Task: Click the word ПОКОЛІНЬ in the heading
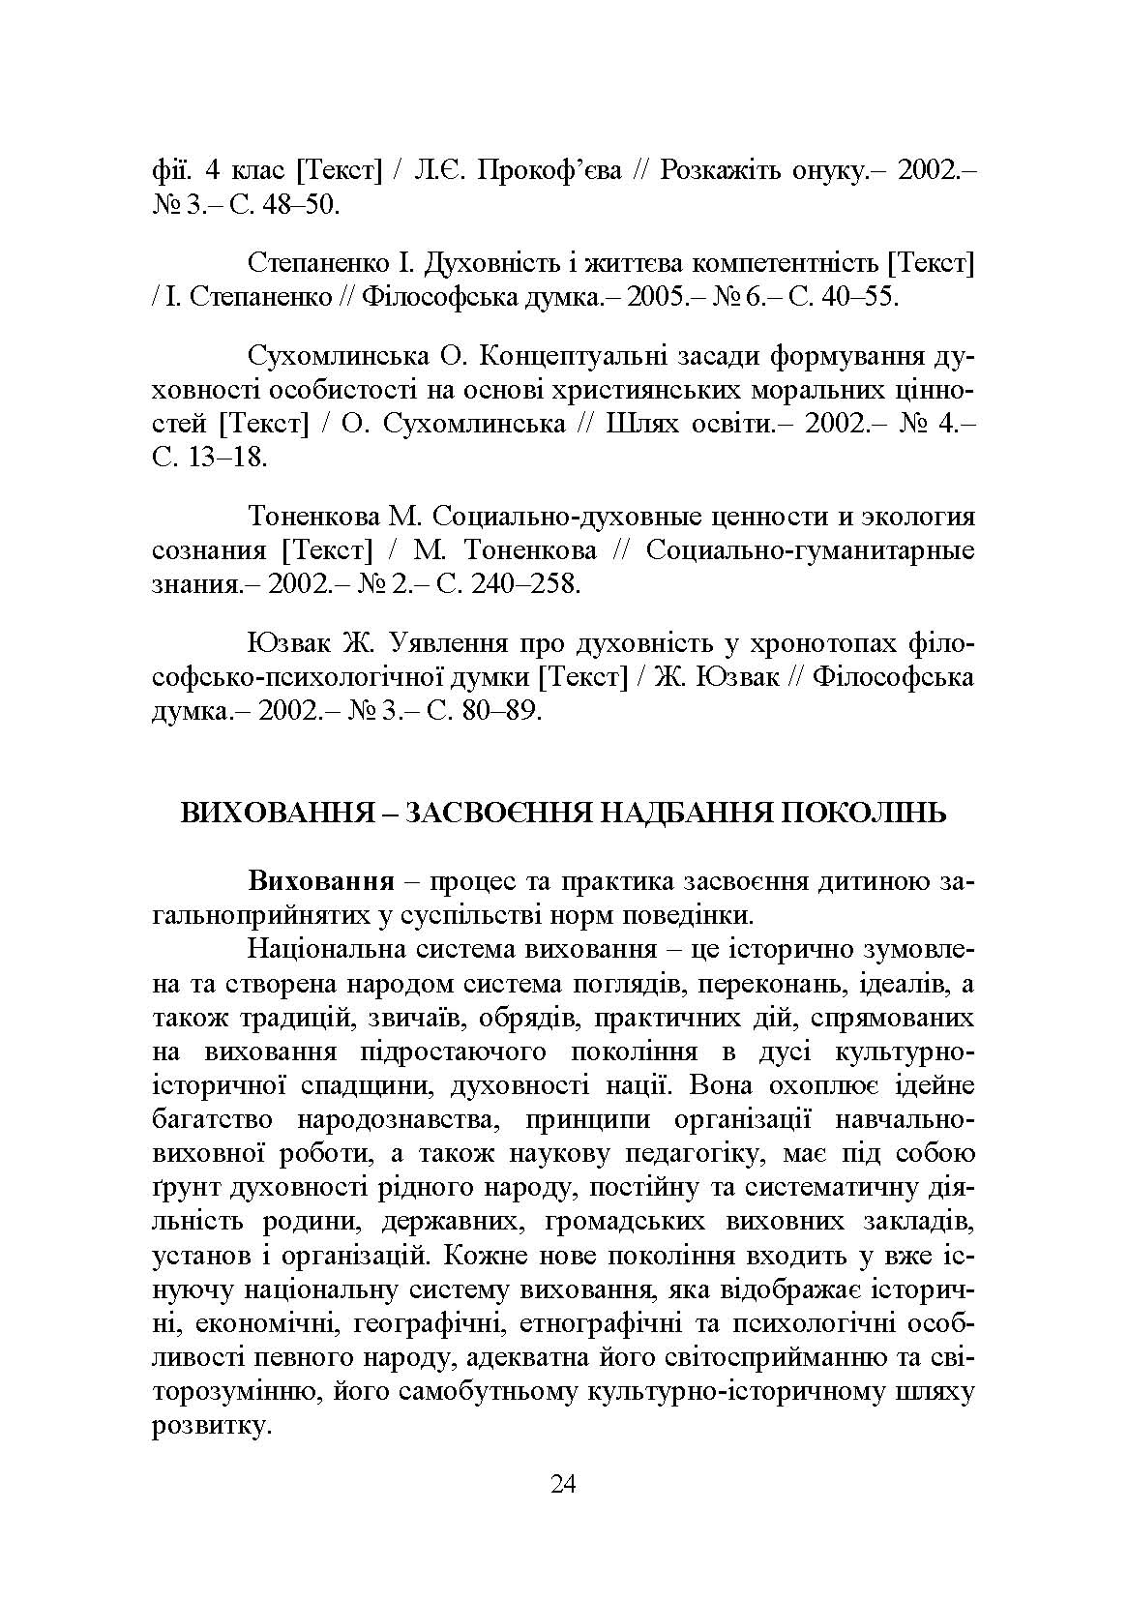pos(862,814)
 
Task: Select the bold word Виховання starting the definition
pos(321,881)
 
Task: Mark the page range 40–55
pos(855,297)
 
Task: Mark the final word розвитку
pos(208,1426)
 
